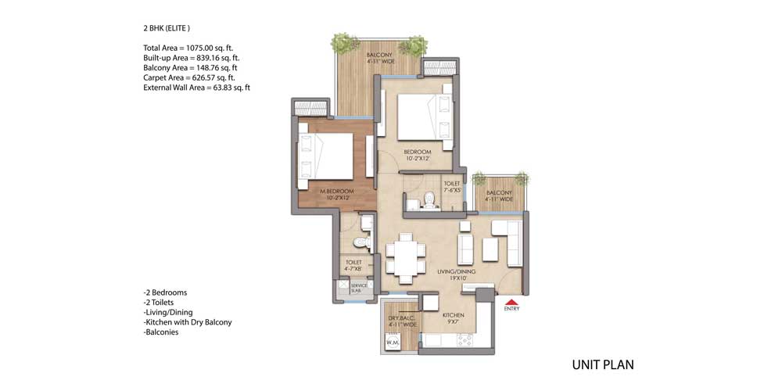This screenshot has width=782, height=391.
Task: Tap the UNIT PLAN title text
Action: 602,364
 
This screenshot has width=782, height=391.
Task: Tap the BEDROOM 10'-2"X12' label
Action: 417,155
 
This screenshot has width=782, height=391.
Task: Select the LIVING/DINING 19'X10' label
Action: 452,274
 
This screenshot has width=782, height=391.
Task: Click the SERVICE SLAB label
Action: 359,288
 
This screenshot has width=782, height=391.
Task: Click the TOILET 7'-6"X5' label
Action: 452,188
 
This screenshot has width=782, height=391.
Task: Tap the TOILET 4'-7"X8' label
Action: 352,266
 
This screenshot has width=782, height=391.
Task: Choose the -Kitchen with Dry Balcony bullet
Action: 188,321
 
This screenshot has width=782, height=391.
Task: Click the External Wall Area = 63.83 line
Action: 196,88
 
